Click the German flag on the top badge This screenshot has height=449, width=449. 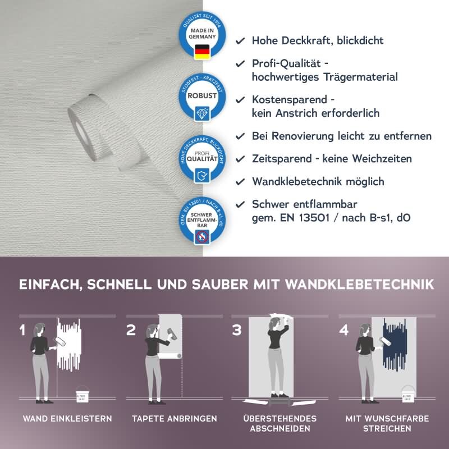pyautogui.click(x=201, y=53)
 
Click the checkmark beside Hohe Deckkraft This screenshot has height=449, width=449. pyautogui.click(x=240, y=41)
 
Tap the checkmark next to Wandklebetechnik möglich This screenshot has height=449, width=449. pyautogui.click(x=240, y=181)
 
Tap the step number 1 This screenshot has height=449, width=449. pyautogui.click(x=22, y=330)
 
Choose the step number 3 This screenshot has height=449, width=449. pyautogui.click(x=237, y=330)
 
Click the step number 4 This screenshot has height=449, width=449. pyautogui.click(x=344, y=330)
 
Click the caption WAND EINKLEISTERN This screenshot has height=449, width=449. pyautogui.click(x=67, y=419)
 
